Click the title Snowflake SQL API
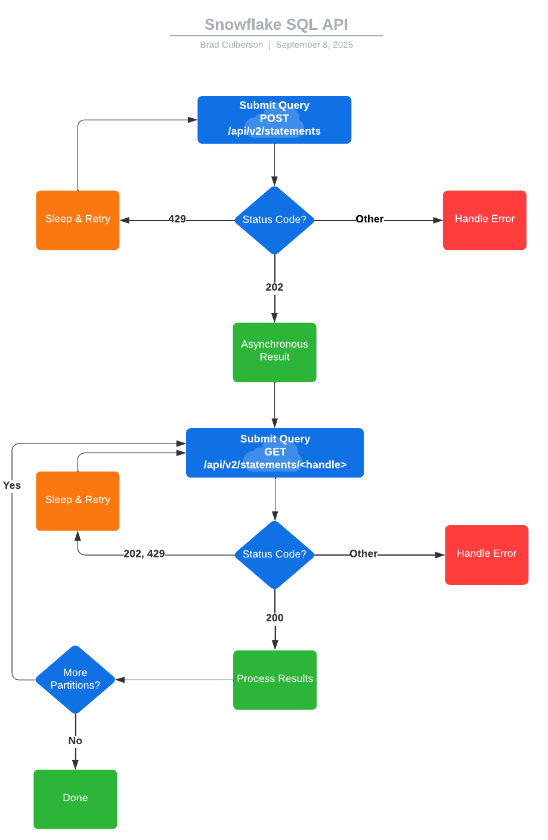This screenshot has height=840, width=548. pyautogui.click(x=276, y=24)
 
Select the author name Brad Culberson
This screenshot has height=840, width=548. pyautogui.click(x=231, y=45)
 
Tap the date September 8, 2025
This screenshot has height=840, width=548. pyautogui.click(x=314, y=45)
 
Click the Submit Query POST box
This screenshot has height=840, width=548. pyautogui.click(x=274, y=119)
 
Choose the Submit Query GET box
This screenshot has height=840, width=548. pyautogui.click(x=275, y=452)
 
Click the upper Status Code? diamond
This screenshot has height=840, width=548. pyautogui.click(x=274, y=220)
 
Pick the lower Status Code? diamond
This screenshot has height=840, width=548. pyautogui.click(x=274, y=554)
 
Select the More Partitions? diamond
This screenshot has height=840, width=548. pyautogui.click(x=75, y=679)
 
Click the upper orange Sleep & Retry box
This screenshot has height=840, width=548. pyautogui.click(x=78, y=219)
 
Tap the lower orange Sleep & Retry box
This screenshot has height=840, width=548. pyautogui.click(x=78, y=500)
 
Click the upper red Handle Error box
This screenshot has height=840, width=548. pyautogui.click(x=484, y=219)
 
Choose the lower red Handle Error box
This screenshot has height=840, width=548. pyautogui.click(x=487, y=554)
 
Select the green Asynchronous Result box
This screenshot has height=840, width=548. pyautogui.click(x=274, y=352)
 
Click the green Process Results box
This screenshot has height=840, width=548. pyautogui.click(x=275, y=679)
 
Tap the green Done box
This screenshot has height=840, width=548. pyautogui.click(x=75, y=798)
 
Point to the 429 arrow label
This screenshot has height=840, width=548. pyautogui.click(x=177, y=219)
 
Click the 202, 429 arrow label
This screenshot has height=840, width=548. pyautogui.click(x=144, y=554)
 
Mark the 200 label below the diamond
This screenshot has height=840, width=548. pyautogui.click(x=275, y=618)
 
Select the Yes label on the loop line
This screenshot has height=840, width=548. pyautogui.click(x=12, y=485)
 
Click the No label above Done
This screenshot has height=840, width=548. pyautogui.click(x=75, y=740)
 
